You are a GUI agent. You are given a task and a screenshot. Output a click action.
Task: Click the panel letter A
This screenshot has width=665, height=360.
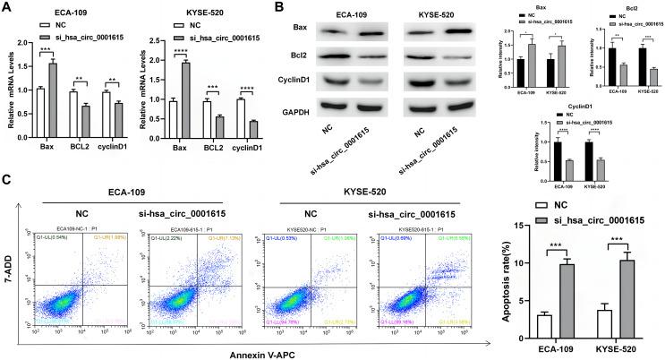(x=7, y=8)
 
